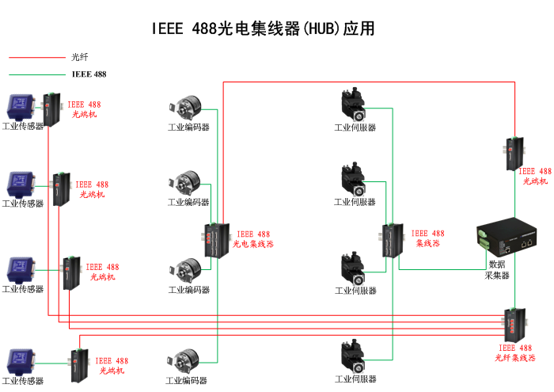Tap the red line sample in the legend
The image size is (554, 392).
(36, 57)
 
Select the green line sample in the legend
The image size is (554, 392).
(36, 74)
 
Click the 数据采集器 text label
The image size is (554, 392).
(497, 270)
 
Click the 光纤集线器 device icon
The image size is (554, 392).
(514, 325)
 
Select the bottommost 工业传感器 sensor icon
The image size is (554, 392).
(21, 360)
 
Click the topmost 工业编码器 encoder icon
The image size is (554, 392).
(186, 108)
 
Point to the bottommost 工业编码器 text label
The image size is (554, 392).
(186, 381)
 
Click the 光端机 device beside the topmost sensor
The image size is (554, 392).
(49, 110)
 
